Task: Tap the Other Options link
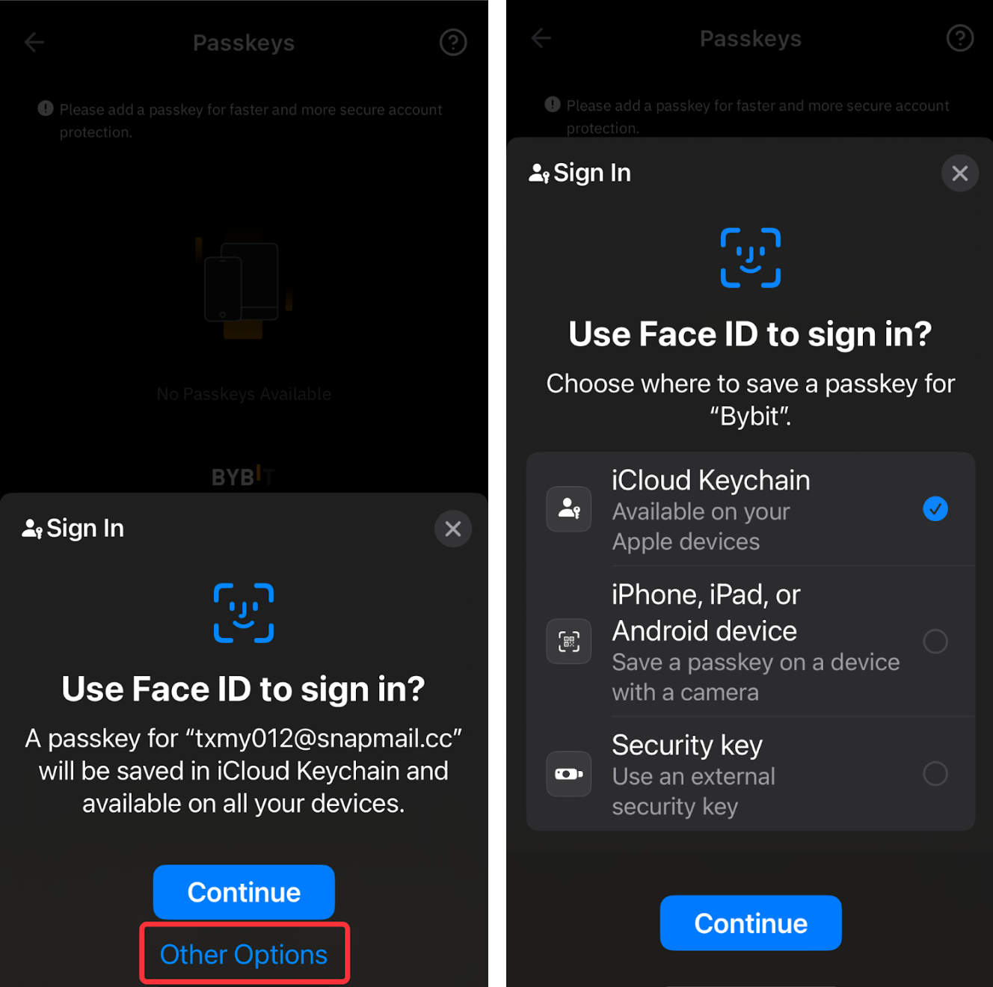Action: coord(244,954)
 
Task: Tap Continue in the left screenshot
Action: coord(244,891)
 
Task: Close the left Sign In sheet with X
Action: coord(453,529)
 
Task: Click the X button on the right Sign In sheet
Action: coord(959,173)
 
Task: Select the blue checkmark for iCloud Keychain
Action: coord(935,508)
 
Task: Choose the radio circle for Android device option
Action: coord(935,641)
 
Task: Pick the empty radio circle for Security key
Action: coord(935,773)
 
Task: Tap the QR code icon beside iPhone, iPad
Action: coord(569,641)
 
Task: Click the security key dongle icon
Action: coord(569,774)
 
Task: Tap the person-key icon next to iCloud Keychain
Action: coord(569,508)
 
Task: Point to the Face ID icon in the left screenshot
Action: coord(244,613)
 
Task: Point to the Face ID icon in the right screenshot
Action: coord(751,257)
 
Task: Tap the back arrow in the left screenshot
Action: coord(34,43)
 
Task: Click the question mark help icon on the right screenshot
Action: coord(960,38)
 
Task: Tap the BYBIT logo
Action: coord(243,476)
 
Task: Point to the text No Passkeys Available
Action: coord(244,394)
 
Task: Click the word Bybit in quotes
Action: coord(750,416)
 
